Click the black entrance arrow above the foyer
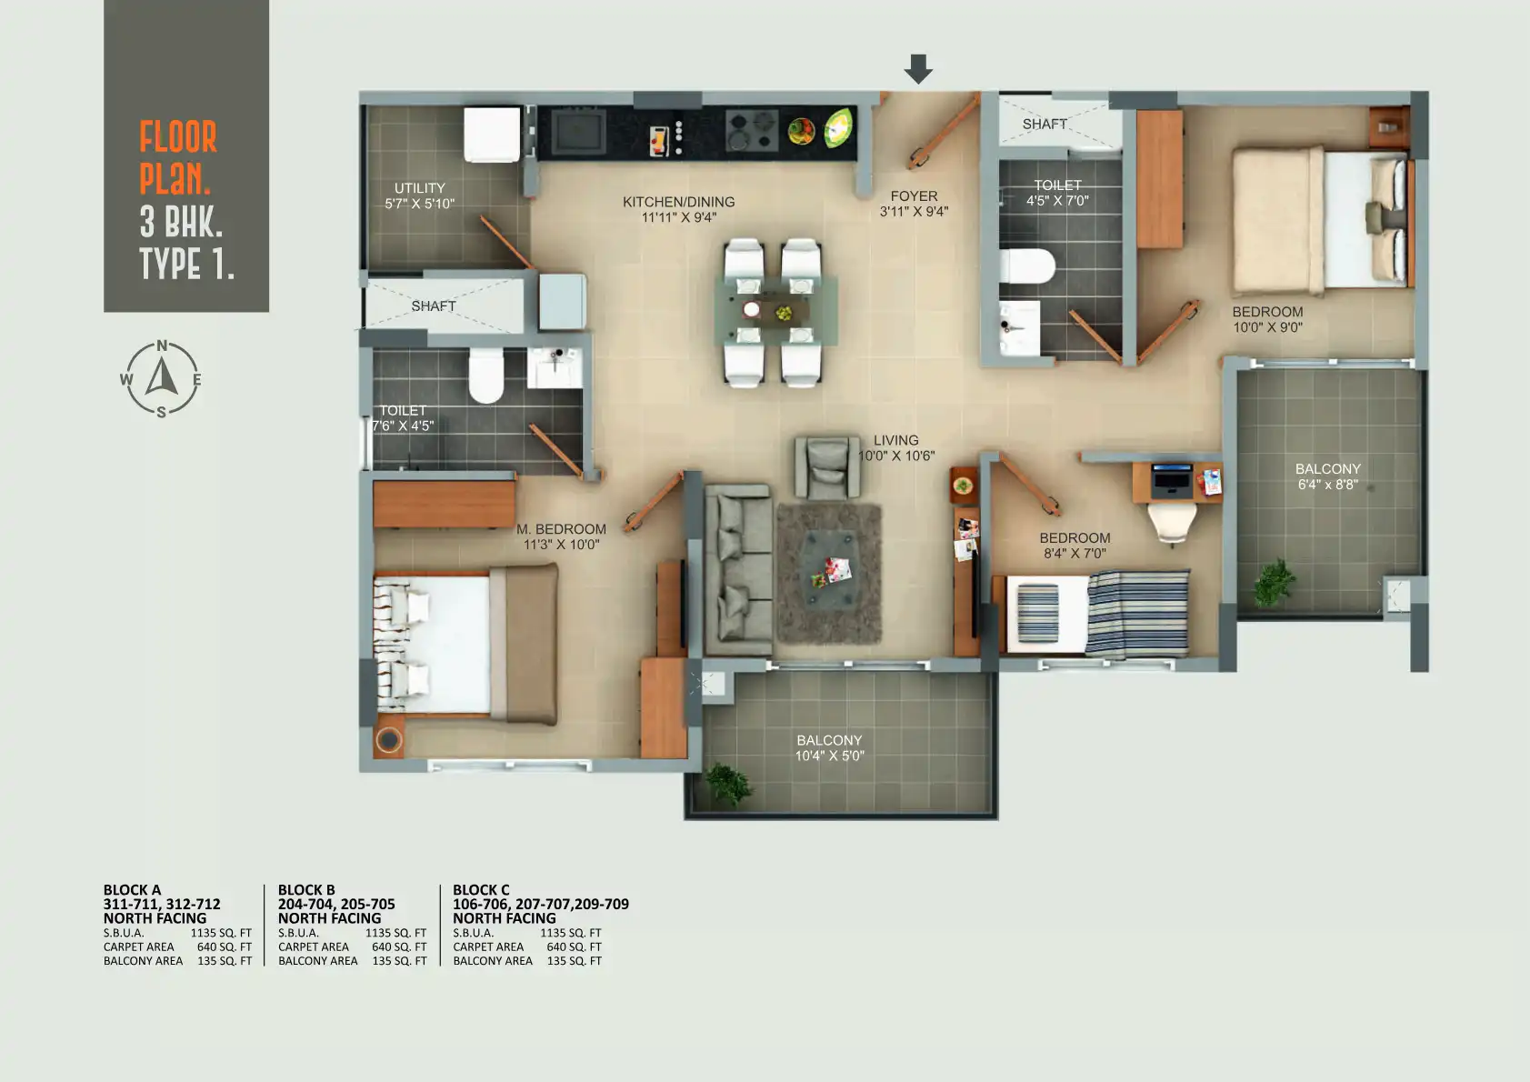pyautogui.click(x=919, y=69)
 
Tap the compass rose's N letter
pyautogui.click(x=162, y=346)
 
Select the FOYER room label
pyautogui.click(x=914, y=196)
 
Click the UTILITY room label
pyautogui.click(x=419, y=188)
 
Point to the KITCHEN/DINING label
pyautogui.click(x=679, y=202)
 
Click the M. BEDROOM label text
pyautogui.click(x=562, y=529)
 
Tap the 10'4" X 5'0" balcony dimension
pyautogui.click(x=830, y=756)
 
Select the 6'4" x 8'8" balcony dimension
pyautogui.click(x=1328, y=485)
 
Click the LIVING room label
pyautogui.click(x=896, y=441)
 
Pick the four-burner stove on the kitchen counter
pyautogui.click(x=752, y=130)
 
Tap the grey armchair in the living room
pyautogui.click(x=827, y=468)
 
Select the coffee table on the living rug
pyautogui.click(x=831, y=569)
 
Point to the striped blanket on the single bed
pyautogui.click(x=1138, y=613)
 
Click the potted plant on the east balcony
pyautogui.click(x=1275, y=582)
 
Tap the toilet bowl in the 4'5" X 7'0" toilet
pyautogui.click(x=1026, y=265)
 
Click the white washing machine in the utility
pyautogui.click(x=492, y=135)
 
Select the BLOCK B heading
pyautogui.click(x=306, y=890)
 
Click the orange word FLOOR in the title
pyautogui.click(x=178, y=136)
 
